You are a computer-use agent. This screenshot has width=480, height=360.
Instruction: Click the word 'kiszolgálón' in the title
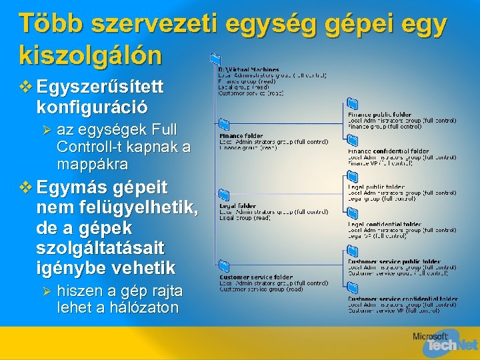90,55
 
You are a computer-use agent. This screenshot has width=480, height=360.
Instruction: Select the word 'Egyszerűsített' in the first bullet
101,87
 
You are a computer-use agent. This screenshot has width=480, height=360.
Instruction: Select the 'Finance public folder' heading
379,115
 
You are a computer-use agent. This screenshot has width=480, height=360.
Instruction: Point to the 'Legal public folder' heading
376,187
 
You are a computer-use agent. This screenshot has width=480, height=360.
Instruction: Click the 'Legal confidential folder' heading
385,224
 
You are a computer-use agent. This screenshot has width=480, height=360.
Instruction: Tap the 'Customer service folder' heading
256,277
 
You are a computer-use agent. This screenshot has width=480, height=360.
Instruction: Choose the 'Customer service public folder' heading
394,261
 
